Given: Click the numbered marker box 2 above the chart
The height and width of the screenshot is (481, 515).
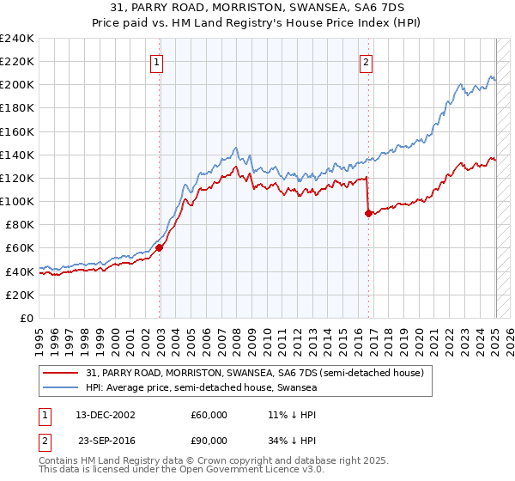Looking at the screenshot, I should point(367,61).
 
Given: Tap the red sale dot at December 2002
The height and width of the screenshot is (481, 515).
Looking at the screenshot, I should point(160,248).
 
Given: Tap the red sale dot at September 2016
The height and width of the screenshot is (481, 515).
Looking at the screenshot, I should point(368,214).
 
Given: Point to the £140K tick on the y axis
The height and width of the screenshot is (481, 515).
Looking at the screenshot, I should point(18,155).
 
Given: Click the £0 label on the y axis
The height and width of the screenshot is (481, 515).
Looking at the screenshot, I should point(28,318).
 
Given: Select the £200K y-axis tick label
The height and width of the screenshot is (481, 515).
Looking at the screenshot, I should point(18,85).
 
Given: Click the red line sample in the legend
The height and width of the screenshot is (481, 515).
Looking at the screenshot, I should point(60,373).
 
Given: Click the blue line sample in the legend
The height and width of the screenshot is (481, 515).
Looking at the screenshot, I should point(60,387).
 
